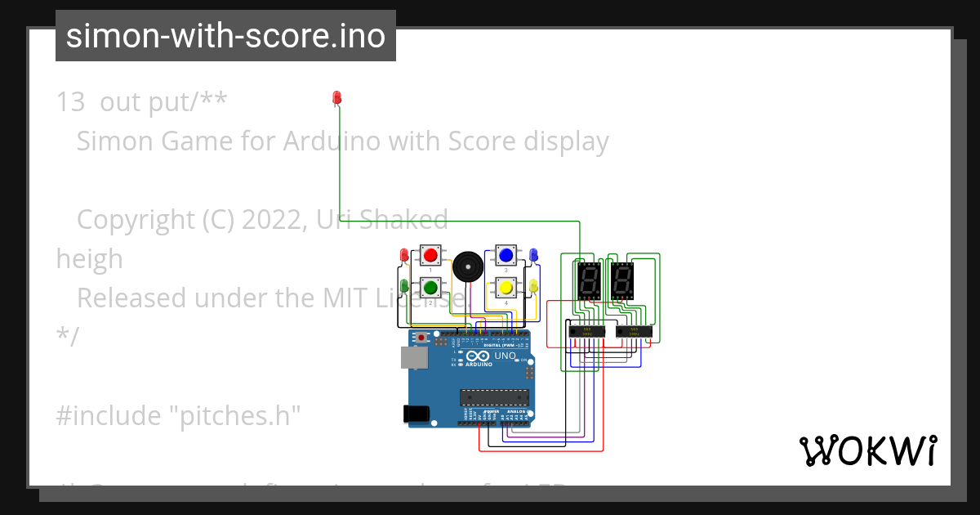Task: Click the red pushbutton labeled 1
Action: [x=430, y=255]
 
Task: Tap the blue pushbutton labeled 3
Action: [x=506, y=255]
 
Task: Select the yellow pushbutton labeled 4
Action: [x=506, y=287]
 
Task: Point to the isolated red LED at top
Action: [x=336, y=98]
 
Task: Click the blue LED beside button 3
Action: [x=533, y=255]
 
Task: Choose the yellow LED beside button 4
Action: [x=533, y=286]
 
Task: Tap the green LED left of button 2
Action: [x=403, y=286]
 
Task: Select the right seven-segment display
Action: [x=622, y=282]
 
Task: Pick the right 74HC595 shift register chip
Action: [x=634, y=331]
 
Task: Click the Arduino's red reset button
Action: [x=421, y=337]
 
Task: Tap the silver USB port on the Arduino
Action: [x=413, y=357]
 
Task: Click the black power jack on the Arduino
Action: [x=418, y=414]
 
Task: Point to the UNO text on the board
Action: [x=505, y=356]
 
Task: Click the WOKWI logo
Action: [x=867, y=450]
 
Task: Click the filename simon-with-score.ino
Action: [x=225, y=36]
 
